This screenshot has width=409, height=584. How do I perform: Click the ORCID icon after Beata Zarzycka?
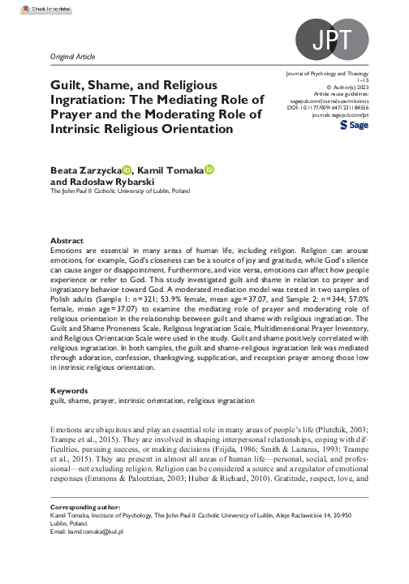point(127,170)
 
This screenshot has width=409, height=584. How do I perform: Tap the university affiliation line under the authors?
point(120,192)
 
